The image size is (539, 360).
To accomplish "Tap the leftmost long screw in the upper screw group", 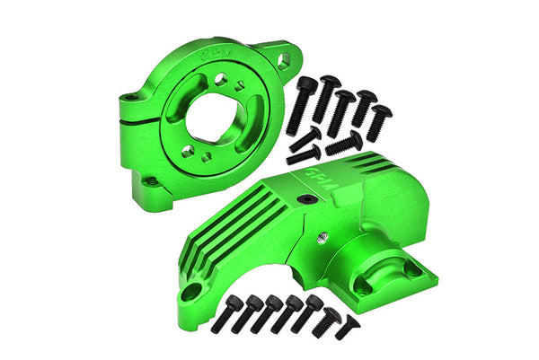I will (306, 100).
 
